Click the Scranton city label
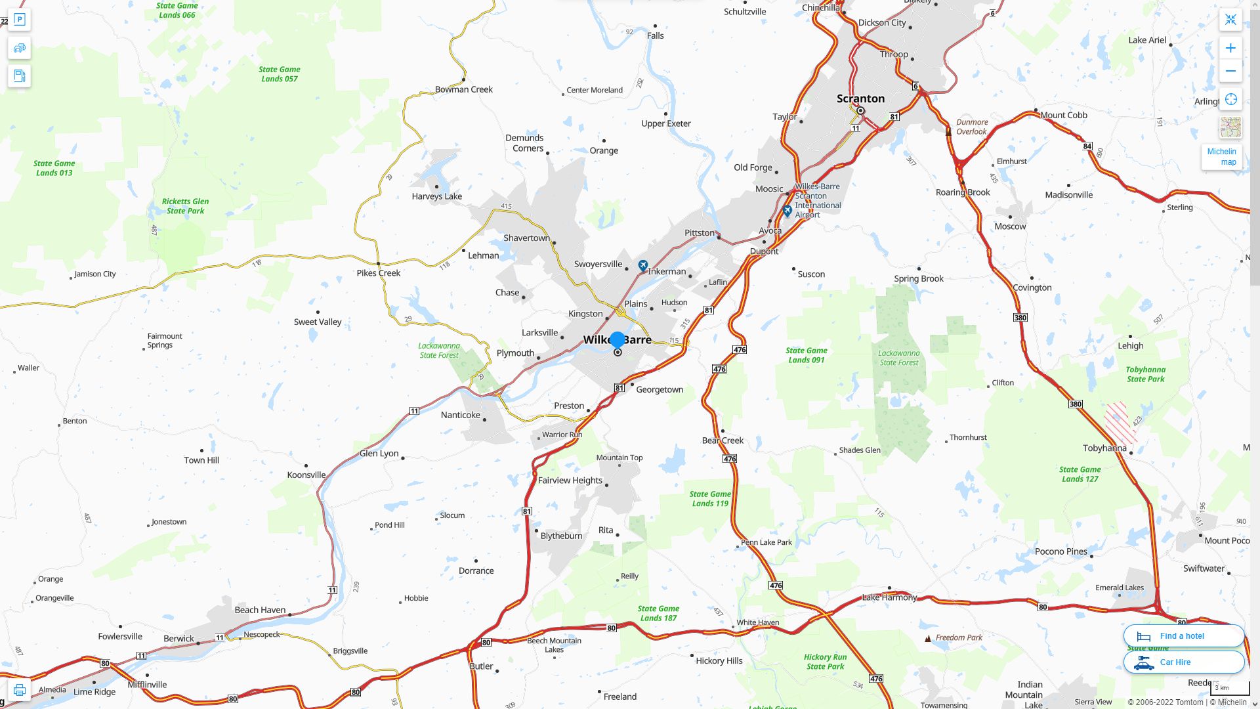click(x=860, y=98)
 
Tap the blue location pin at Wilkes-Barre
click(x=617, y=340)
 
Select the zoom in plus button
click(x=1230, y=48)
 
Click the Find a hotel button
click(x=1183, y=635)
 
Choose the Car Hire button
click(x=1183, y=662)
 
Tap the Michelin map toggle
click(x=1221, y=157)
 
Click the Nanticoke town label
click(x=460, y=415)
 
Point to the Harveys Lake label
click(x=436, y=196)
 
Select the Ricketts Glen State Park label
click(x=185, y=206)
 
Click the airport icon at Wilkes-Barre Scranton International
click(x=787, y=211)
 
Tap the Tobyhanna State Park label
click(x=1145, y=374)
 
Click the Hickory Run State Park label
click(x=825, y=661)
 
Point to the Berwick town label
click(x=178, y=639)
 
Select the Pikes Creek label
click(x=378, y=273)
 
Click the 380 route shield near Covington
click(x=1020, y=318)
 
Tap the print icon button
click(x=19, y=690)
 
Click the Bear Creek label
click(x=723, y=440)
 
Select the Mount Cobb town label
click(x=1063, y=115)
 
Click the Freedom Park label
click(x=958, y=637)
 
